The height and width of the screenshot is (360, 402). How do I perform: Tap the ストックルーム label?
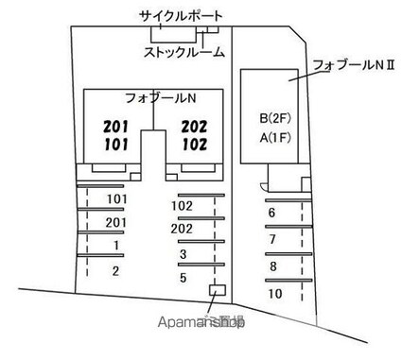pos(184,53)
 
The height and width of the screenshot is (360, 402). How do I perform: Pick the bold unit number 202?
pos(194,126)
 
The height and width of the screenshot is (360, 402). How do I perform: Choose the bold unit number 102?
pos(194,144)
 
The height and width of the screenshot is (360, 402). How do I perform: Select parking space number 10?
pos(274,293)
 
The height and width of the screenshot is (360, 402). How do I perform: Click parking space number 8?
pos(272,266)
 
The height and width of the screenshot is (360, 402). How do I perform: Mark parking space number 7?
pos(272,239)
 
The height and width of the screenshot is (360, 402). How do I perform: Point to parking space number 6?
pos(271,213)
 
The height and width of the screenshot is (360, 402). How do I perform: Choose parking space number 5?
pos(183,279)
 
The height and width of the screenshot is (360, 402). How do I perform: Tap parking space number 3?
pos(183,254)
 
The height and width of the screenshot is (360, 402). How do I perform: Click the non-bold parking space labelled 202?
pos(183,229)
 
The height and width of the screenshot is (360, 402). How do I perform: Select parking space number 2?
pos(115,271)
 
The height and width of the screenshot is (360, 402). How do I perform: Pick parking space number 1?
pos(115,246)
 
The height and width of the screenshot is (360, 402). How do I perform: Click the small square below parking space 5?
pos(217,289)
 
